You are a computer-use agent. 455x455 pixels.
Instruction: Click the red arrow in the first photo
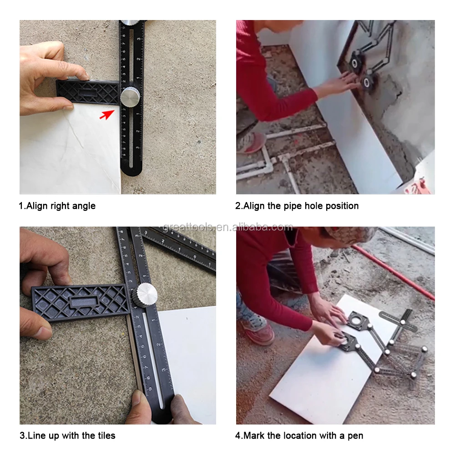click(x=107, y=114)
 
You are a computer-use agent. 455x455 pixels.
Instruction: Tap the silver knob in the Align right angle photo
click(x=130, y=96)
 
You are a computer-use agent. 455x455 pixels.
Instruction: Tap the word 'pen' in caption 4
click(x=355, y=436)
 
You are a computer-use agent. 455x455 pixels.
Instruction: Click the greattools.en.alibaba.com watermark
click(x=227, y=227)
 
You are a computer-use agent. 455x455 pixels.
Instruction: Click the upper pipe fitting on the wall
click(x=355, y=62)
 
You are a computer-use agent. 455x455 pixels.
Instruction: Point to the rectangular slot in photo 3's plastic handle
click(x=85, y=301)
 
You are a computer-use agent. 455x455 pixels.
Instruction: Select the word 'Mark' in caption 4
click(x=253, y=435)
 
